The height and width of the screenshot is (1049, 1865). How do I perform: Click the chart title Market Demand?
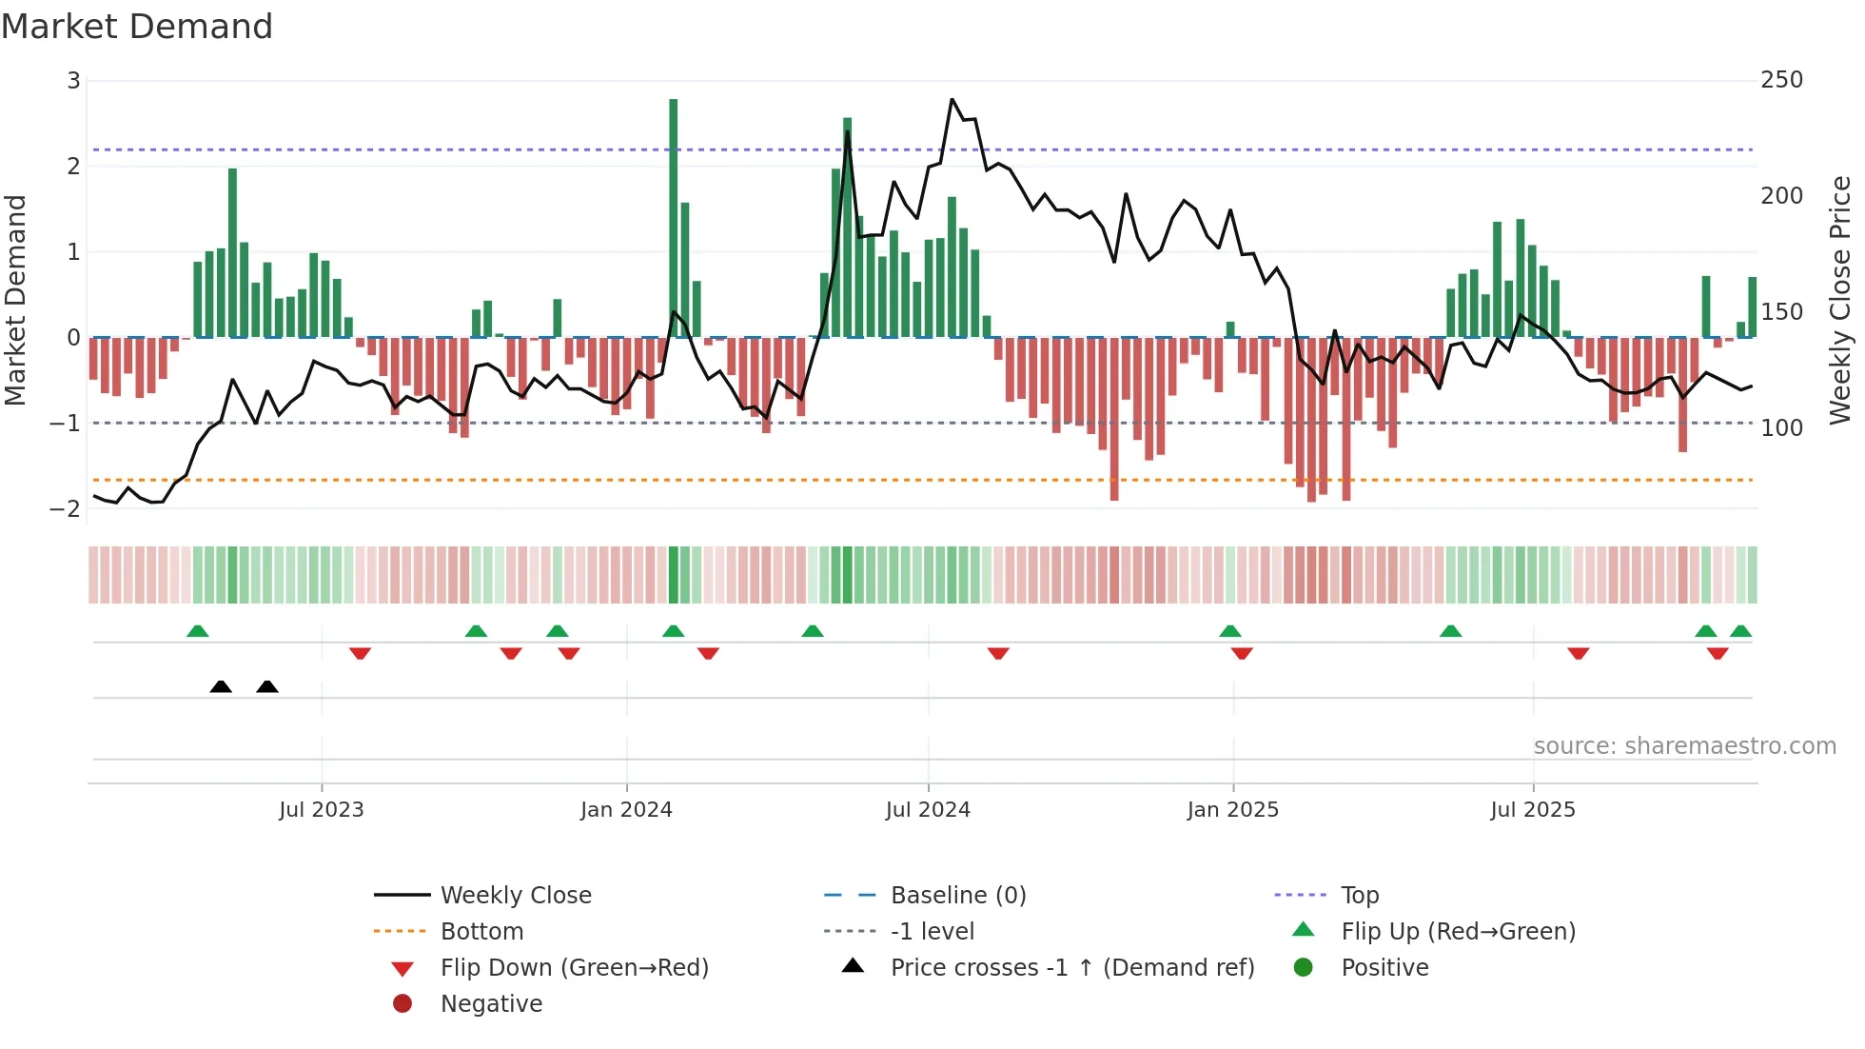137,27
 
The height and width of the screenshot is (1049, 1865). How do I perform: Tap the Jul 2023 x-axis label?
322,810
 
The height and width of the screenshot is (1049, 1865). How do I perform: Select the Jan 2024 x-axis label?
626,810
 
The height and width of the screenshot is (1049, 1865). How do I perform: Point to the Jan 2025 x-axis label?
1233,810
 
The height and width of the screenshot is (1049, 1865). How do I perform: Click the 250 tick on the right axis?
1781,80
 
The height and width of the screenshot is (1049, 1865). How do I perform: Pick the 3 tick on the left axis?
73,81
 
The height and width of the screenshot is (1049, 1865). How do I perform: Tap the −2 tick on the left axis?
66,509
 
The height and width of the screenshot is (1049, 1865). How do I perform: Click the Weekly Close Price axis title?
1841,300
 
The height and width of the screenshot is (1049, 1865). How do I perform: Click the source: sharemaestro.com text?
1684,746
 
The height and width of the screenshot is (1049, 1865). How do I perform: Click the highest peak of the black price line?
952,99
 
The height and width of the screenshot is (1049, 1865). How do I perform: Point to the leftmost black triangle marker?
221,686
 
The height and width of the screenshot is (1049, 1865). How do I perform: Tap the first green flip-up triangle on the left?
197,631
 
